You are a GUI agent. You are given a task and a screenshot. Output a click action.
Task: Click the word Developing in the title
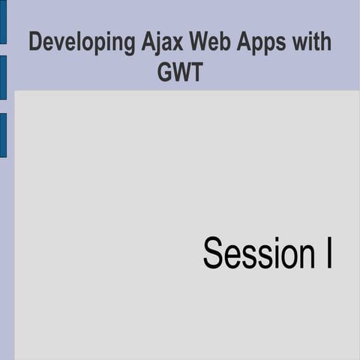82,43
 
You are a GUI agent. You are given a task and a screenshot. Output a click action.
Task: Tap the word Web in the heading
211,42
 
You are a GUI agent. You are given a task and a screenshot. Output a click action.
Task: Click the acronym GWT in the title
180,72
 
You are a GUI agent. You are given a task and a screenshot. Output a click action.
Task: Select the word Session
251,253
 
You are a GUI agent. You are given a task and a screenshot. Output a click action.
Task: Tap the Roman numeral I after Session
328,253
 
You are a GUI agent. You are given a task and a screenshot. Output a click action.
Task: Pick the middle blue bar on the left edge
3,77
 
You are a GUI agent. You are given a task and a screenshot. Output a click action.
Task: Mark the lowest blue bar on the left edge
3,135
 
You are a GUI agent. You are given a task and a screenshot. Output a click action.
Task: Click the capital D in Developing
35,42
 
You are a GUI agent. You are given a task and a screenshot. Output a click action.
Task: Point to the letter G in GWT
165,72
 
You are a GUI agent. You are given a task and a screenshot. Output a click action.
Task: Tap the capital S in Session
212,253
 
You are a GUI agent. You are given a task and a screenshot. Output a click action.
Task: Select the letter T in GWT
196,72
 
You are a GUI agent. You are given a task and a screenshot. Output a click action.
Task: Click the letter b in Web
224,42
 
